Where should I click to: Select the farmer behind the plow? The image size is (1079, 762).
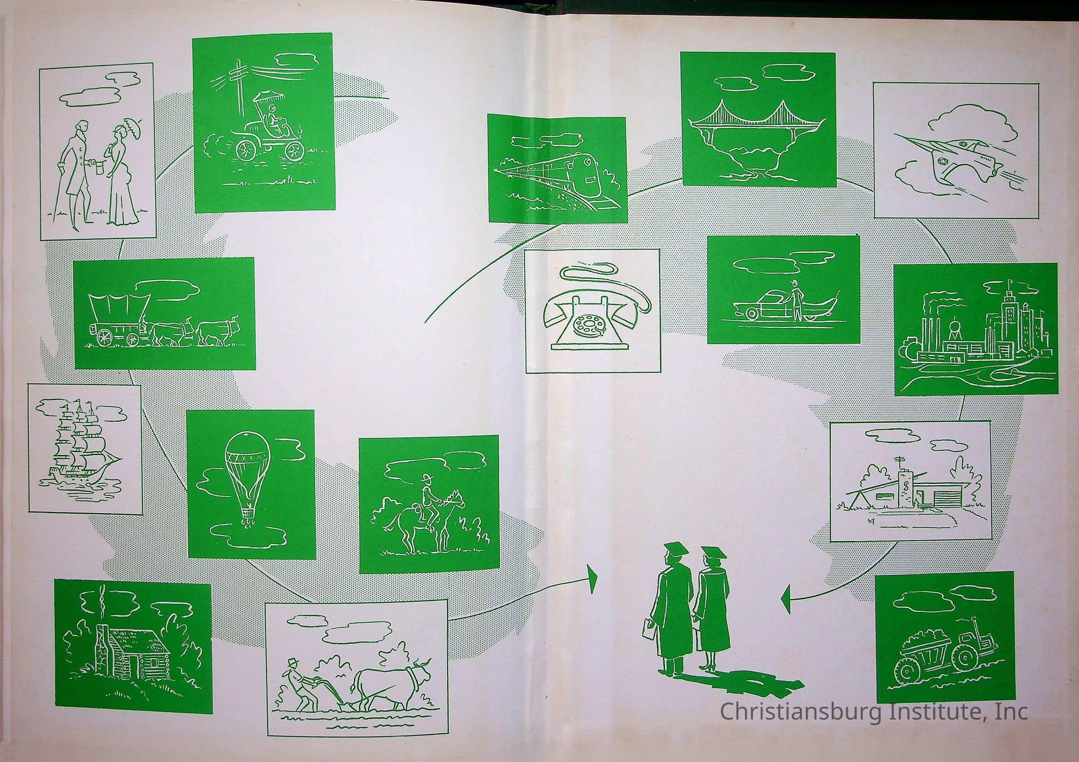click(299, 685)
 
